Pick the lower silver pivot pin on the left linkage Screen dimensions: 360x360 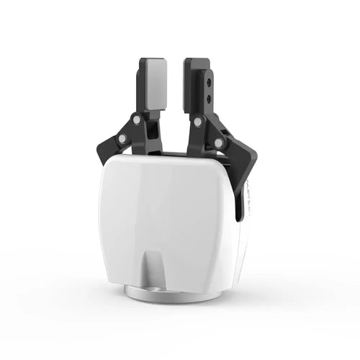pyautogui.click(x=122, y=138)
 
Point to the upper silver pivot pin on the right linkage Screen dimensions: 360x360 pyautogui.click(x=197, y=122)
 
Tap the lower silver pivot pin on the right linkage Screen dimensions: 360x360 pyautogui.click(x=218, y=143)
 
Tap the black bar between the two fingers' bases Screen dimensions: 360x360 pyautogui.click(x=173, y=153)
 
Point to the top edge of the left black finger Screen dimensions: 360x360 pyautogui.click(x=153, y=60)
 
